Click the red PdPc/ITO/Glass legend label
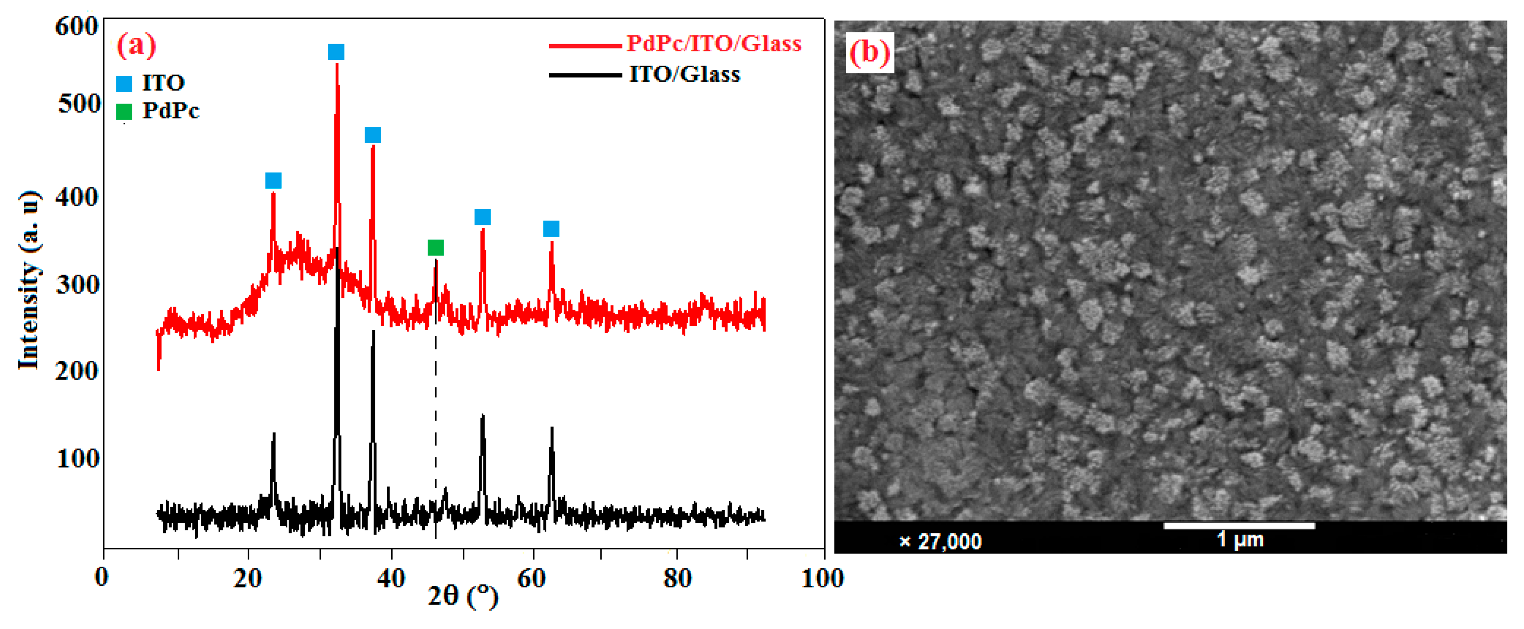tap(713, 44)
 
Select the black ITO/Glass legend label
tap(685, 75)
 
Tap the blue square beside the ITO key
tap(124, 83)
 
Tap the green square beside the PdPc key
tap(124, 111)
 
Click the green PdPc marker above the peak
tap(435, 247)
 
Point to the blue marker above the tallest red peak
tap(336, 52)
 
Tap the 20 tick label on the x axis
tap(247, 578)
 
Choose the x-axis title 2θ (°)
tap(463, 596)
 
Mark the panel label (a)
tap(137, 45)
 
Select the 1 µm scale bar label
tap(1240, 539)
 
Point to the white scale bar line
tap(1239, 525)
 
